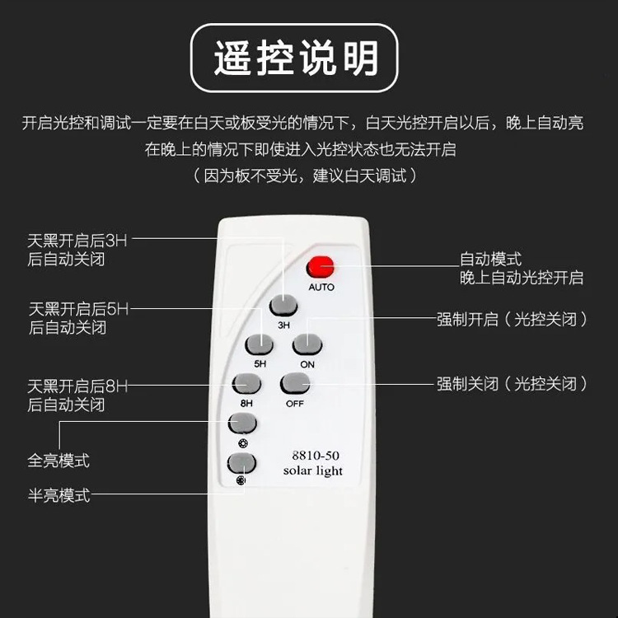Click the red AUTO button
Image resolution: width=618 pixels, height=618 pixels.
321,267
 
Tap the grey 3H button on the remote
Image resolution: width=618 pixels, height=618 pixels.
283,305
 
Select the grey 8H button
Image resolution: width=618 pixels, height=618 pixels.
246,383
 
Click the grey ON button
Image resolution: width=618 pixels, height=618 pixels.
307,344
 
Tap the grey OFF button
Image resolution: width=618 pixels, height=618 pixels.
295,383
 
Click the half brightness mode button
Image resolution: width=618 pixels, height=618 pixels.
241,463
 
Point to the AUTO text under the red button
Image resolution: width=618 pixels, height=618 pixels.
321,287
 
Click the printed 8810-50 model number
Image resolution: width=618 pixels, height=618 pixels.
316,456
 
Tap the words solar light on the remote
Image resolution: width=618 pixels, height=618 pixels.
313,471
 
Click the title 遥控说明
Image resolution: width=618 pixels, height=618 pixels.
296,58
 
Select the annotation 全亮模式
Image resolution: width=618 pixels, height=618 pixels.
59,461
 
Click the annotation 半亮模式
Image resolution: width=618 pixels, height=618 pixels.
59,495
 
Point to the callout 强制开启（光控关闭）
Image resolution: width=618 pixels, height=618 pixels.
512,319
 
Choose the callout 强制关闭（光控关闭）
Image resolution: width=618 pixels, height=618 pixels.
512,383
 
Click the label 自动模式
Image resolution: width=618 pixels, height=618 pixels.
491,260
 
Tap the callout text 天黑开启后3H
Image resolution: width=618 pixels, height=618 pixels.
77,241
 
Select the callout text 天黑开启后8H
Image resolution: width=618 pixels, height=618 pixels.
77,386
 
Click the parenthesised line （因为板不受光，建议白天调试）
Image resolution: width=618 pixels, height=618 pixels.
305,176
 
